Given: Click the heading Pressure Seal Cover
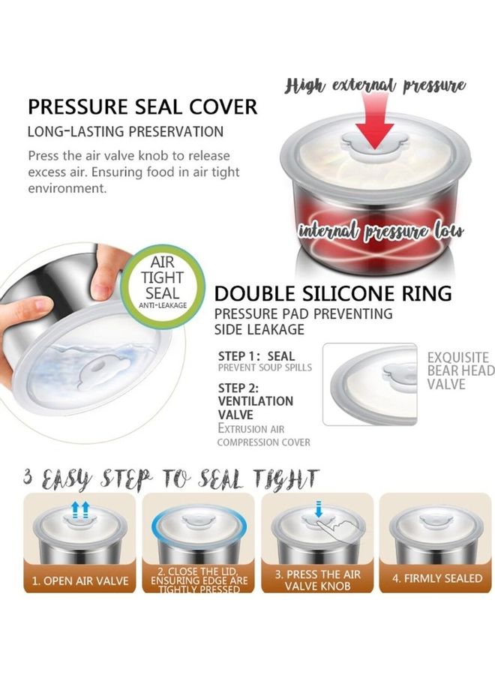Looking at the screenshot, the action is tap(142, 106).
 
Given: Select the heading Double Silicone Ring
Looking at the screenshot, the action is tap(333, 293).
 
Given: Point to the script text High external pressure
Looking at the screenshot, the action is tap(375, 86).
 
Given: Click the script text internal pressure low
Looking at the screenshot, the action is tap(381, 232).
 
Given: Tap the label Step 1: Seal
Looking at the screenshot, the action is tap(256, 356).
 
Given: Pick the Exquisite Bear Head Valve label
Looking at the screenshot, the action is tap(460, 370).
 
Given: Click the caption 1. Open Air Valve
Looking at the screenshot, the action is tap(80, 581).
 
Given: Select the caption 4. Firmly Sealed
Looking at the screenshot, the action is tap(437, 578).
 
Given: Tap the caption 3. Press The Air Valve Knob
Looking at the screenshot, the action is tap(318, 580).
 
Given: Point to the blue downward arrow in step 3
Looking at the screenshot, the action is tap(319, 509).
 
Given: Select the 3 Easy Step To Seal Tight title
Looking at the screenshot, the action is tap(171, 480).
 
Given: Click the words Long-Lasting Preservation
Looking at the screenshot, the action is tap(125, 131).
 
